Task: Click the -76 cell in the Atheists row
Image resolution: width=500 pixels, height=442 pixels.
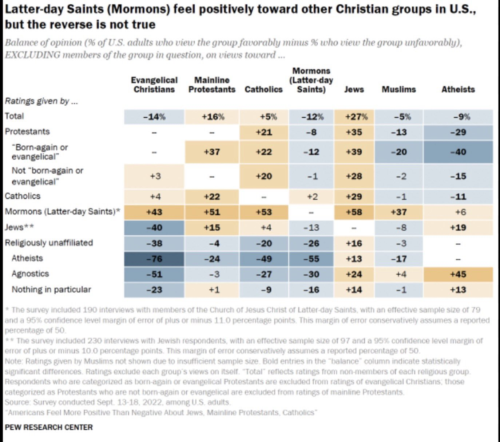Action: click(x=154, y=259)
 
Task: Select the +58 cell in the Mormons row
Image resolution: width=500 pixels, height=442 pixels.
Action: click(x=354, y=212)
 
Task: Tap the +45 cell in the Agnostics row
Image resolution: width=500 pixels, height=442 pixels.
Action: click(x=458, y=274)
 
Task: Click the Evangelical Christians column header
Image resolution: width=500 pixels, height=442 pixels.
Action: click(x=154, y=85)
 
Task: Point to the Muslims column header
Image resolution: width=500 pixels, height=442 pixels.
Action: click(x=398, y=89)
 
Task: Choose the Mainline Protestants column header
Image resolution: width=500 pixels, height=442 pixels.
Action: click(x=212, y=85)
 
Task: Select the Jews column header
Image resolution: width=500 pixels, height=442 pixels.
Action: click(x=354, y=89)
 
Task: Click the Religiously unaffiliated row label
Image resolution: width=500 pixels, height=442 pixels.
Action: click(x=49, y=243)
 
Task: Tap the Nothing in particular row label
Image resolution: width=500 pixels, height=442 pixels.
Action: click(x=51, y=289)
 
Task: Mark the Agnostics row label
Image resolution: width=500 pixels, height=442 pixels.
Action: click(x=30, y=274)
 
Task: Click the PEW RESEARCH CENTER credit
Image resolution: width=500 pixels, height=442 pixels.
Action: click(x=49, y=427)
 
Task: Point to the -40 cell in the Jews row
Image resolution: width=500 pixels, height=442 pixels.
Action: click(x=154, y=228)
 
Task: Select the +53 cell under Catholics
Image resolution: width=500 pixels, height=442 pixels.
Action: click(x=264, y=212)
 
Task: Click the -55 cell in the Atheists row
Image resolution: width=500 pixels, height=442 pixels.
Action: click(x=311, y=259)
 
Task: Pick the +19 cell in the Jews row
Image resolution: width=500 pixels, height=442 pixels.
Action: click(x=458, y=228)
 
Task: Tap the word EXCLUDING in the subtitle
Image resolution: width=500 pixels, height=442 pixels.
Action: click(x=32, y=55)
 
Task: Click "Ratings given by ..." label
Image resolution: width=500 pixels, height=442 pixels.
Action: click(x=41, y=101)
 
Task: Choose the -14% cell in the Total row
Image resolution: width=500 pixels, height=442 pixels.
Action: click(x=154, y=117)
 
